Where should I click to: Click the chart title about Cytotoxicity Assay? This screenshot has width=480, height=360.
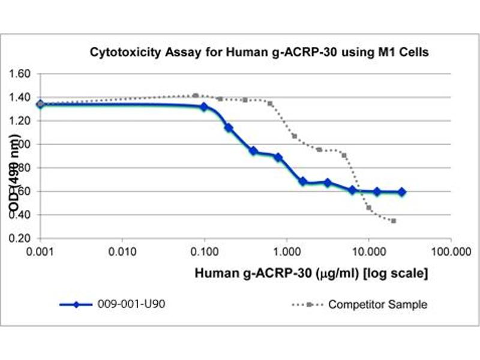[259, 52]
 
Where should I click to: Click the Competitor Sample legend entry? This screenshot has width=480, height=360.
[377, 304]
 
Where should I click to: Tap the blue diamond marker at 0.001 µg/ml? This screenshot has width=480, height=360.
[40, 104]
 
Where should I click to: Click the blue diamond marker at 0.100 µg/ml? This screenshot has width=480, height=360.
[204, 107]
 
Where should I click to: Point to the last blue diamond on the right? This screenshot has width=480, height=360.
[402, 192]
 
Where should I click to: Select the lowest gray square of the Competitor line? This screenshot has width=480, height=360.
[393, 221]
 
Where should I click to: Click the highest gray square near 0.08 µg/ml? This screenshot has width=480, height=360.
[196, 95]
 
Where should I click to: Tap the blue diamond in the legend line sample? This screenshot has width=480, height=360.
[83, 304]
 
